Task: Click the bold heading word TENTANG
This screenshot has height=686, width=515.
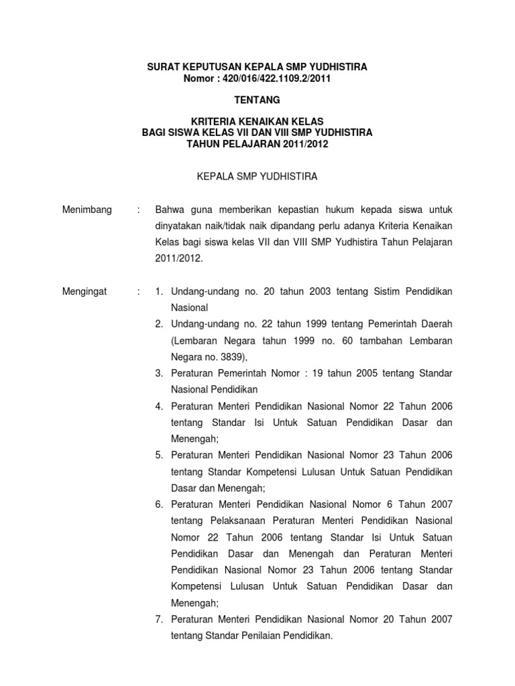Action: [257, 100]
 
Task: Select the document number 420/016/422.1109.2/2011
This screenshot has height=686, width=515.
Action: [274, 78]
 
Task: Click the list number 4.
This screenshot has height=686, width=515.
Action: [159, 406]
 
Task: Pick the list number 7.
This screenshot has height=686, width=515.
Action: [159, 619]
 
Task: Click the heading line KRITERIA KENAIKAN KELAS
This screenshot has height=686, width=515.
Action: [257, 121]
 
